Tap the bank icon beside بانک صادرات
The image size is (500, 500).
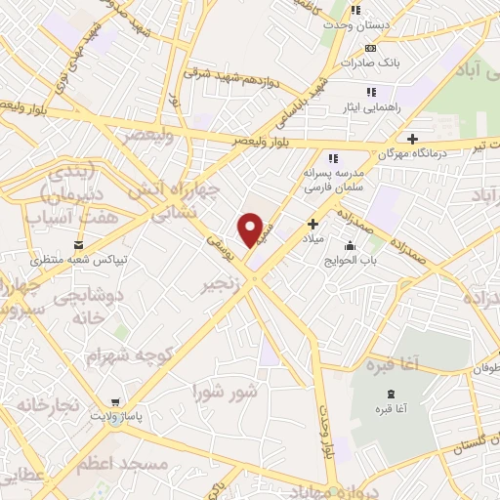coord(370,47)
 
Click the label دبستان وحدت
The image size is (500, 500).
coord(358,26)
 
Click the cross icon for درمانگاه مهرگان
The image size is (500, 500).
coord(413,139)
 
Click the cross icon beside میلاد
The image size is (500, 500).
coord(312,225)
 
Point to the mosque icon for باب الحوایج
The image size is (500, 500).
coord(350,245)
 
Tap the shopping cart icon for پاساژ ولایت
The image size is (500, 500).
coord(115,400)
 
